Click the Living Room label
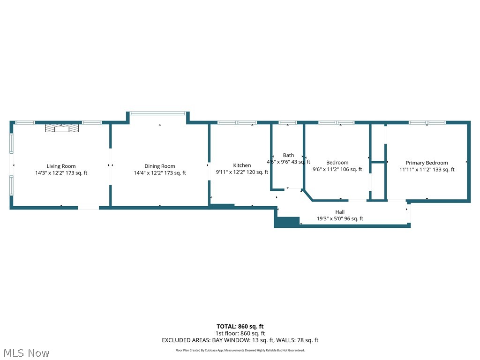coord(61,166)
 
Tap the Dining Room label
coord(159,166)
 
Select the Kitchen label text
coord(242,165)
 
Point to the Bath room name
coord(288,155)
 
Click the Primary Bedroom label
coord(427,163)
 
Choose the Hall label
coord(340,212)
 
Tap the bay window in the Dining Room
coord(157,113)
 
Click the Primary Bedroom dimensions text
coord(427,170)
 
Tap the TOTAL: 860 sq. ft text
coord(240,326)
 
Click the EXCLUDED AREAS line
coord(240,340)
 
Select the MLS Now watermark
coord(26,353)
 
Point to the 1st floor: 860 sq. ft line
coord(240,333)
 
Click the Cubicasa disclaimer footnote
coord(240,350)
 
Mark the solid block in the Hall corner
coord(288,221)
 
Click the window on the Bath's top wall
coord(287,123)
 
